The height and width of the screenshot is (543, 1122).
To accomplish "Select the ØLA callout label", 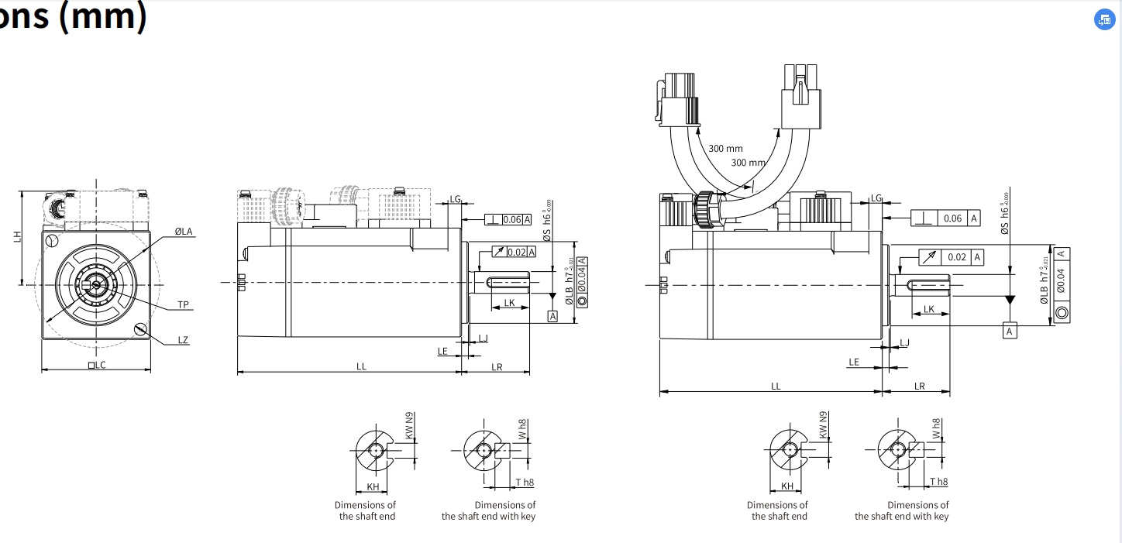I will tap(184, 231).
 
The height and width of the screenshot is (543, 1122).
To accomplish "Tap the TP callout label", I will tap(184, 304).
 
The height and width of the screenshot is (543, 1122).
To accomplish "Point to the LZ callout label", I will tap(183, 340).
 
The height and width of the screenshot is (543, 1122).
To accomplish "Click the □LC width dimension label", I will tap(96, 365).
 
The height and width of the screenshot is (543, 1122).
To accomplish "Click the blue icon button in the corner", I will tap(1103, 21).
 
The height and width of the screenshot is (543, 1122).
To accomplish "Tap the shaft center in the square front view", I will tap(95, 284).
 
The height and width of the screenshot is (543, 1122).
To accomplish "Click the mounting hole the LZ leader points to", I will tap(140, 329).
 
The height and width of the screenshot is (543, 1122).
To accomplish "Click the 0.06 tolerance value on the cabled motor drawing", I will tap(952, 218).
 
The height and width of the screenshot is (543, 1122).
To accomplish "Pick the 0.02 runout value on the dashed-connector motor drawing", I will tap(517, 252).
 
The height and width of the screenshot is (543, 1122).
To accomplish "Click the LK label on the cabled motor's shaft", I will tap(928, 309).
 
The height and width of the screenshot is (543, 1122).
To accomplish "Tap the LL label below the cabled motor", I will tap(776, 386).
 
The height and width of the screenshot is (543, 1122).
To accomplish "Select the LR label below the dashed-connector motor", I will tap(497, 367).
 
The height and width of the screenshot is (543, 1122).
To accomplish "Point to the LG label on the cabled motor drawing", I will tap(876, 198).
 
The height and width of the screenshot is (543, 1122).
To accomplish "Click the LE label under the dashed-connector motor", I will tap(442, 351).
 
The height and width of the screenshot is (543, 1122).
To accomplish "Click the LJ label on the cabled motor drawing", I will tap(903, 342).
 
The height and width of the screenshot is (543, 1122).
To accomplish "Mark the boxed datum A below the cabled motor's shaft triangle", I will tap(1009, 332).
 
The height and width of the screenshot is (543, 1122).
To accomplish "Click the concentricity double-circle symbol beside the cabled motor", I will tap(1061, 313).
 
